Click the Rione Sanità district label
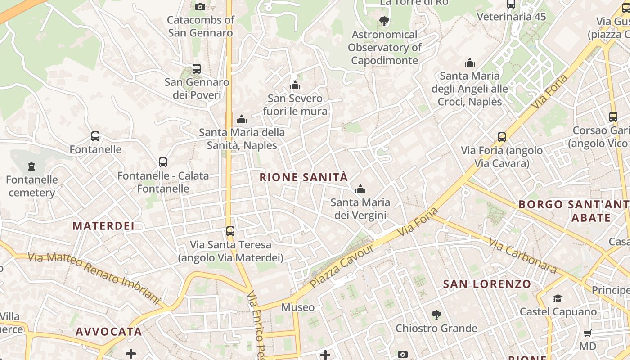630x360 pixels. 304,177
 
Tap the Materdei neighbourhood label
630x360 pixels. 103,226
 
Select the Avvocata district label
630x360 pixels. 109,332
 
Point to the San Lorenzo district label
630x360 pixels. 487,284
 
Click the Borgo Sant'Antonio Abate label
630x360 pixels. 574,211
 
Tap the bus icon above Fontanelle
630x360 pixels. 95,136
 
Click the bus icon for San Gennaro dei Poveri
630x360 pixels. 197,69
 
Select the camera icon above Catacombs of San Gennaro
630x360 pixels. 200,7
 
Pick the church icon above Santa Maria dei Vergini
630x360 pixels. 360,189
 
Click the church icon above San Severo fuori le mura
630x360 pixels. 295,85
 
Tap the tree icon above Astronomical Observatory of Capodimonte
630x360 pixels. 384,21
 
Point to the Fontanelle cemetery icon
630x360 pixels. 31,167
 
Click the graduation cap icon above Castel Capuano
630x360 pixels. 558,298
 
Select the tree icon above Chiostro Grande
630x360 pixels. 436,315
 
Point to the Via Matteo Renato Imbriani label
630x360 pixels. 94,278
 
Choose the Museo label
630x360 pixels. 298,307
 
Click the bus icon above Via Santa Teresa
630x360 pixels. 230,231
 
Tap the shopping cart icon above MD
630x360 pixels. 588,333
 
